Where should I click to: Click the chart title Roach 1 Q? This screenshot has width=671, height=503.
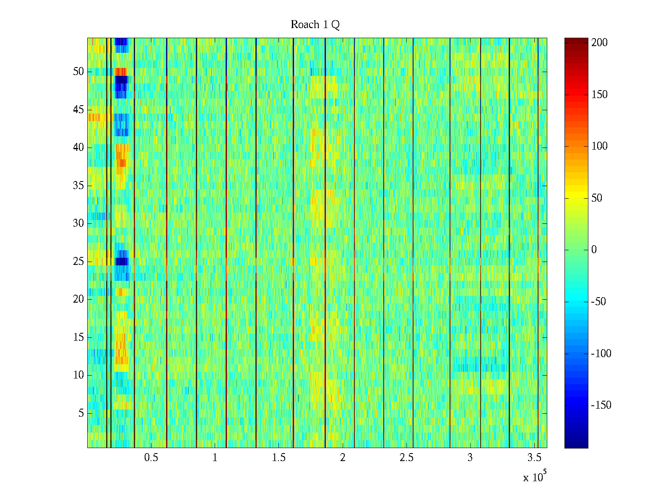tap(315, 25)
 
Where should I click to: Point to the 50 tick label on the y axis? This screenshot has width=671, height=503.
tap(78, 72)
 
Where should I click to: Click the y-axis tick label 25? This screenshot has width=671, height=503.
tap(78, 262)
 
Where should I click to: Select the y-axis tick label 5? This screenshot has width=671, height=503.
tap(81, 413)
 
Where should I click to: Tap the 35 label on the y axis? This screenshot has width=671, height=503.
tap(78, 186)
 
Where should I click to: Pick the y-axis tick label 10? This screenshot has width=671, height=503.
tap(78, 375)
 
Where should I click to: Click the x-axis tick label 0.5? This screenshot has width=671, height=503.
tap(151, 458)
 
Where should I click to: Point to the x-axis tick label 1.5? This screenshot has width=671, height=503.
tap(278, 458)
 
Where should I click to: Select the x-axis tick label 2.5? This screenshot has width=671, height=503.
tap(406, 458)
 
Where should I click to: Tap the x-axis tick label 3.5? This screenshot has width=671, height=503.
tap(534, 458)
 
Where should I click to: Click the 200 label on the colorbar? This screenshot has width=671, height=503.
tap(599, 43)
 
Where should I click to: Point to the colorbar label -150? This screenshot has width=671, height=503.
tap(601, 405)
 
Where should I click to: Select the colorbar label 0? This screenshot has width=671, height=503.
tap(593, 250)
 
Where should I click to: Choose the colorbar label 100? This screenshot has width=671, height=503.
tap(599, 146)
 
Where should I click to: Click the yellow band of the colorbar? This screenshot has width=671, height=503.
tap(576, 197)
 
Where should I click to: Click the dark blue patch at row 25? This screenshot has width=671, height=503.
tap(121, 262)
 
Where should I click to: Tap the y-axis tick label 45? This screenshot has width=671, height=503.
tap(78, 110)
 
